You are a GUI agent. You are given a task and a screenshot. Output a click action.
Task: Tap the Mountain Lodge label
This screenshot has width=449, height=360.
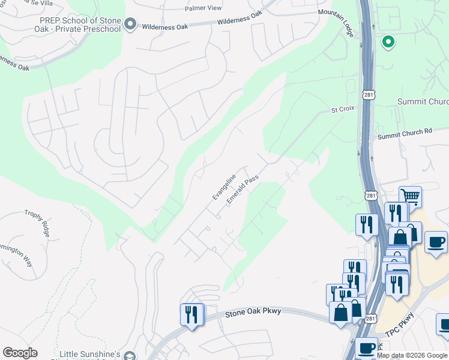tap(336, 20)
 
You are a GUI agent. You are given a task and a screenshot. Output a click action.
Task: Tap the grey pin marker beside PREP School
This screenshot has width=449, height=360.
tap(130, 26)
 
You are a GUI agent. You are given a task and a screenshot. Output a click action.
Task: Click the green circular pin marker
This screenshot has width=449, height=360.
tap(388, 42)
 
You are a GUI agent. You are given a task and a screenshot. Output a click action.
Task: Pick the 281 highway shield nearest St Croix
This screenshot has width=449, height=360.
tap(369, 95)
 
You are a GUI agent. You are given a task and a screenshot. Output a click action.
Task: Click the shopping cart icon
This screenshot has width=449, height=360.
tap(410, 196)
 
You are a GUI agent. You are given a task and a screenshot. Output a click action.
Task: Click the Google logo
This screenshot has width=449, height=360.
tap(20, 353)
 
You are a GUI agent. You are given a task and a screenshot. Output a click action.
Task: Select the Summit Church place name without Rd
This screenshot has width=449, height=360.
tap(423, 101)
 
